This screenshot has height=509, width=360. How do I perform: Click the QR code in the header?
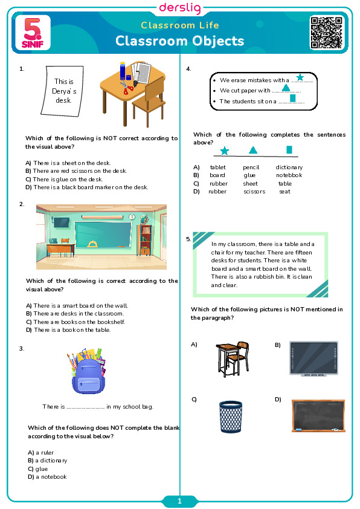(326, 33)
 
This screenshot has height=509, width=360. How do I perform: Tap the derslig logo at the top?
(180, 8)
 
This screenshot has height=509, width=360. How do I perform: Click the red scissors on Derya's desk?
(127, 88)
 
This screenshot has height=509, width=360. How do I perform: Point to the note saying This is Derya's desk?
(63, 91)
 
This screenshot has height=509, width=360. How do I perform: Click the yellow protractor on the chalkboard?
(92, 244)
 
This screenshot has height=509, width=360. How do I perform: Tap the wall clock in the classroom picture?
(132, 217)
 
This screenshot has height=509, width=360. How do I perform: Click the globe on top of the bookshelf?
(144, 219)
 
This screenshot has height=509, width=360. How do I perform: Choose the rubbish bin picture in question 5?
(231, 417)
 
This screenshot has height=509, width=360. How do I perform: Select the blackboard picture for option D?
(318, 415)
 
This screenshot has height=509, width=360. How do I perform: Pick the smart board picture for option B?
(313, 358)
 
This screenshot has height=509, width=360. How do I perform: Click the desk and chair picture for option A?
(233, 358)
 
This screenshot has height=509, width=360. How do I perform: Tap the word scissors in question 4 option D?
(254, 192)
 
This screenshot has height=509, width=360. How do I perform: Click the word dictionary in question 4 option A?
(289, 167)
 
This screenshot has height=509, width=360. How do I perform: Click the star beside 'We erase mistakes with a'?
(300, 77)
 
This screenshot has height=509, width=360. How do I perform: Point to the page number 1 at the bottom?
(179, 502)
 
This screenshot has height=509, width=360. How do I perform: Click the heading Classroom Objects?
(179, 41)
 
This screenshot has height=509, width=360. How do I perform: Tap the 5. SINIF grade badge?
(33, 33)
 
